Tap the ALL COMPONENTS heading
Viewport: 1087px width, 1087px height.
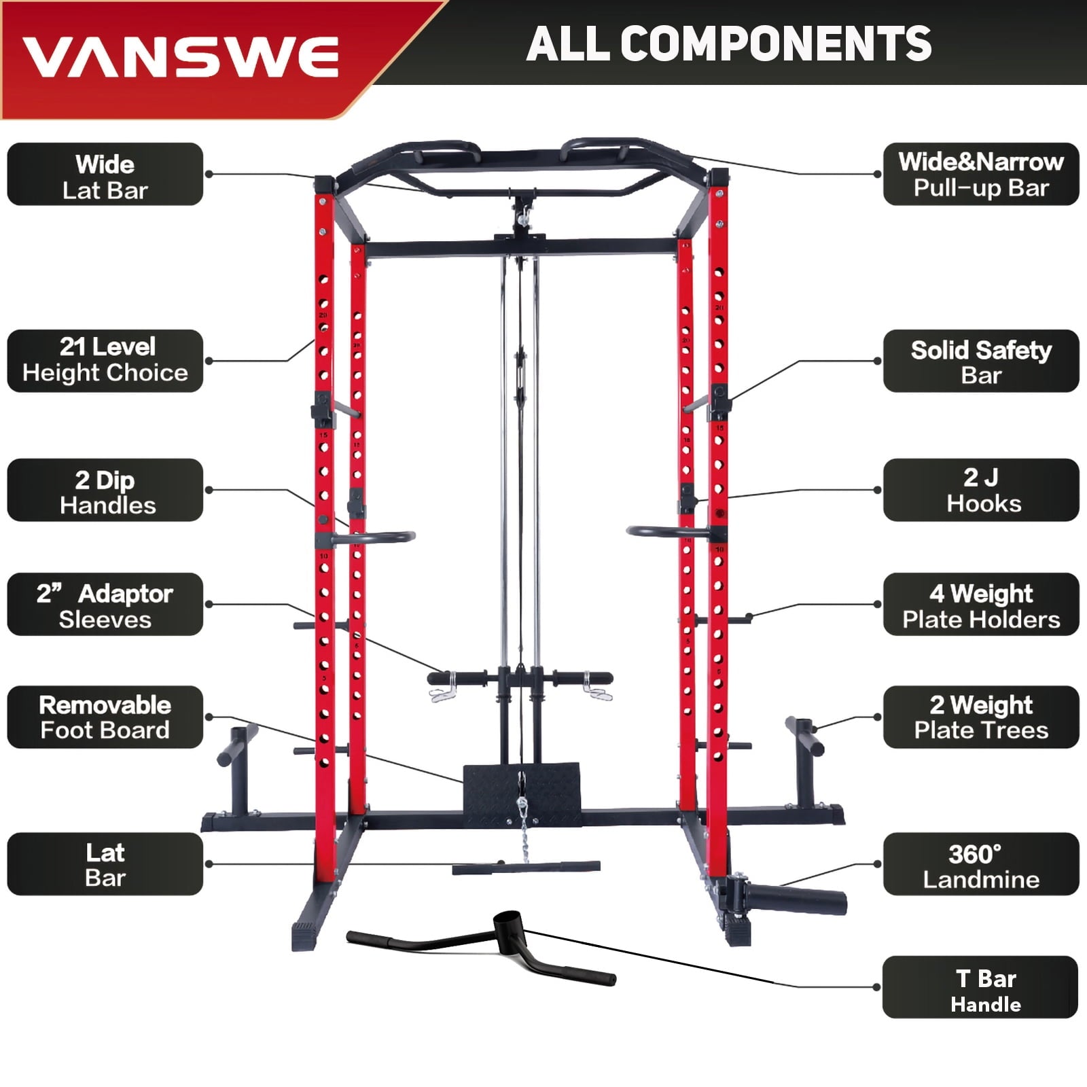(728, 43)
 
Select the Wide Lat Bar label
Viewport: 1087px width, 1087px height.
(105, 175)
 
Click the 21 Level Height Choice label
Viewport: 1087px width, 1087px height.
(105, 361)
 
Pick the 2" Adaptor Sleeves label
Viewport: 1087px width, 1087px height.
(105, 605)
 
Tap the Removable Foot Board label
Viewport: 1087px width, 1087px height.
(105, 717)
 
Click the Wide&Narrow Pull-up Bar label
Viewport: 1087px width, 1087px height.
(981, 175)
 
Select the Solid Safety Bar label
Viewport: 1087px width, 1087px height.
(981, 361)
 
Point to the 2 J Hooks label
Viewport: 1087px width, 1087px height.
(981, 491)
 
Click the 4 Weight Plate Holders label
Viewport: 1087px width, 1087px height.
(981, 605)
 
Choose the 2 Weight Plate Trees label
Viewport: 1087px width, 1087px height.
(981, 717)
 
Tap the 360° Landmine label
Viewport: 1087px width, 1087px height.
(981, 864)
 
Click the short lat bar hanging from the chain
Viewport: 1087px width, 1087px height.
(527, 868)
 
